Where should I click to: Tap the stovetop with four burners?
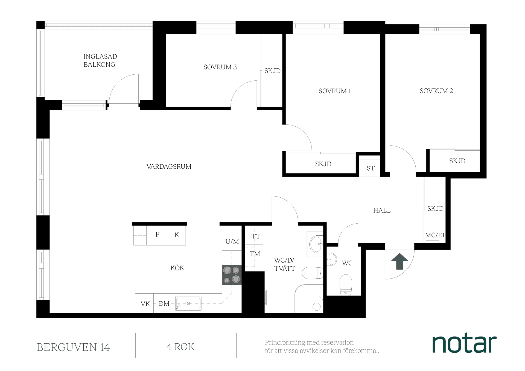232,275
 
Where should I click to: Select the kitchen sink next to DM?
188,303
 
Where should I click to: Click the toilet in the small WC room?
346,285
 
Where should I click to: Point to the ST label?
371,168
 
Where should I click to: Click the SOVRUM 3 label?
220,67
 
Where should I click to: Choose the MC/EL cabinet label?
435,235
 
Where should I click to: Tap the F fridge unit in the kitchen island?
157,235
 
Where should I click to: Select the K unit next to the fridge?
177,235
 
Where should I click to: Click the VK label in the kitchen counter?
145,304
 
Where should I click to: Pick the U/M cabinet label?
232,241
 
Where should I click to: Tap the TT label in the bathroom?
256,236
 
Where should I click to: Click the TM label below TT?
255,254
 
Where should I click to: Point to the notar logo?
464,343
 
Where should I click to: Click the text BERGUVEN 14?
73,347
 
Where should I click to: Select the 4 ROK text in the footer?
180,347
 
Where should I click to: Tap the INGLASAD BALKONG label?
100,60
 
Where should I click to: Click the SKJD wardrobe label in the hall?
435,209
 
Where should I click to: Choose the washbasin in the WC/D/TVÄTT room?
316,244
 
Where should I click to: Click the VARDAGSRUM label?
169,166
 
